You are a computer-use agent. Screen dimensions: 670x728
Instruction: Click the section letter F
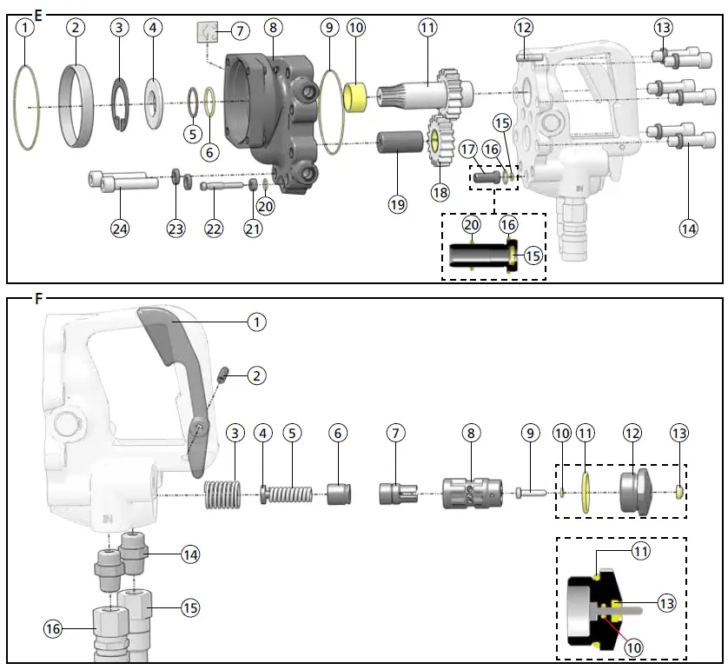pyautogui.click(x=37, y=299)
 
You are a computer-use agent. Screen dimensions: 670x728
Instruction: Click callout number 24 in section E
pyautogui.click(x=120, y=229)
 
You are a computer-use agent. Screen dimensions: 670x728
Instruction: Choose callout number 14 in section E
pyautogui.click(x=689, y=229)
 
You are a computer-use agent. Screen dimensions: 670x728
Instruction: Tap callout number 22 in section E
pyautogui.click(x=214, y=229)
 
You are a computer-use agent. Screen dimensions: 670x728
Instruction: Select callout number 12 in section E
pyautogui.click(x=522, y=28)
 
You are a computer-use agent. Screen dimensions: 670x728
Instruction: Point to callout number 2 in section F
pyautogui.click(x=255, y=375)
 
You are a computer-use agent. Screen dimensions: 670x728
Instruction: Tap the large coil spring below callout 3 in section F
pyautogui.click(x=221, y=495)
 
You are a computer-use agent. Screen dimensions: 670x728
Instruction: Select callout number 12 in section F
pyautogui.click(x=632, y=432)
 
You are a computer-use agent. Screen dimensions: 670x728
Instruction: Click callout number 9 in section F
pyautogui.click(x=530, y=432)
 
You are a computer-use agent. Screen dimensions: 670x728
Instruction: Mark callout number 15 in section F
pyautogui.click(x=189, y=607)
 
